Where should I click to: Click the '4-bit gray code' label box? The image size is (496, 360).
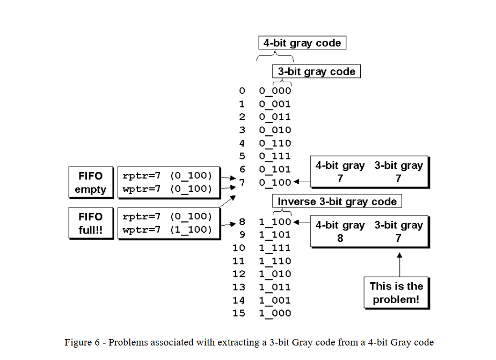302,43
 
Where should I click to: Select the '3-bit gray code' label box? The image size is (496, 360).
316,71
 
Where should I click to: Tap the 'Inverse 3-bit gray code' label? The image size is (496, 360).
337,202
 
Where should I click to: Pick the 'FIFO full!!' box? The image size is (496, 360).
90,223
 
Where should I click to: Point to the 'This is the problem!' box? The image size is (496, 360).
396,293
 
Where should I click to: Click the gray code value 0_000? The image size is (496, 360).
275,90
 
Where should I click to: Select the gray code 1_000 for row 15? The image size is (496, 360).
275,313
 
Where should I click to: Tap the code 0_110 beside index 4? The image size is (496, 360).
275,143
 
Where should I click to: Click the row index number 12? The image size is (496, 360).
238,274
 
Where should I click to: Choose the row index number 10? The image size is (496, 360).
238,248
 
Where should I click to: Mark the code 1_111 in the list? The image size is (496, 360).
275,248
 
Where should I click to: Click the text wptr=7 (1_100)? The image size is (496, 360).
167,230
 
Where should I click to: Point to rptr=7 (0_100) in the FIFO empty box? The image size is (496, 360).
167,176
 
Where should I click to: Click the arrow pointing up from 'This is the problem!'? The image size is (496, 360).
399,263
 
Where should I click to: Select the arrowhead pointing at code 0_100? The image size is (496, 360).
296,182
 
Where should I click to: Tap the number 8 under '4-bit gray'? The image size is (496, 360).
340,238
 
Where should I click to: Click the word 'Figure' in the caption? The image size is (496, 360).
78,343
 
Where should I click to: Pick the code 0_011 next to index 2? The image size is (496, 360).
275,117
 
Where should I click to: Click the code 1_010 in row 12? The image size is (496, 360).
275,274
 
